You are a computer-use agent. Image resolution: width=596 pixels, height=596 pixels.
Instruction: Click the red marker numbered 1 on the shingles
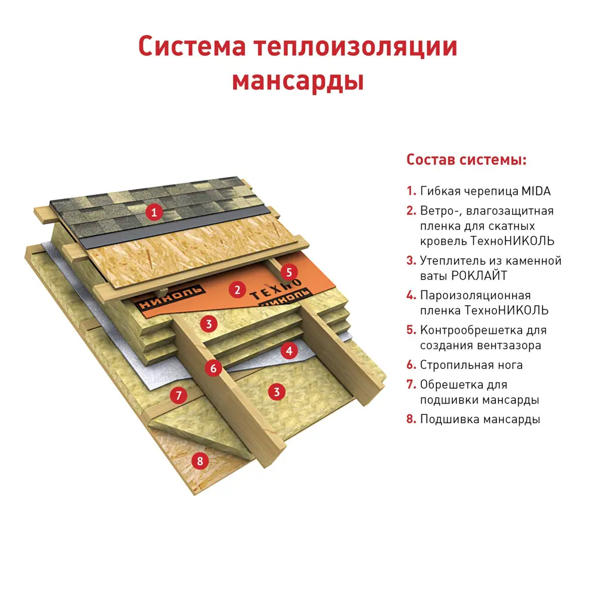click(154, 212)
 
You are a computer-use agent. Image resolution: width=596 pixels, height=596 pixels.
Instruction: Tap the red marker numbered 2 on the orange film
click(237, 290)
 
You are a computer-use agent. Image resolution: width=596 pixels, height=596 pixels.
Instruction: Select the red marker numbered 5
click(289, 272)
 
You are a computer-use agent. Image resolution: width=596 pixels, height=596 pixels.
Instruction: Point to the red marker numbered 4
click(289, 350)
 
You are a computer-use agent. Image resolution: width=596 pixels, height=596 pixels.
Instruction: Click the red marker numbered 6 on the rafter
click(213, 368)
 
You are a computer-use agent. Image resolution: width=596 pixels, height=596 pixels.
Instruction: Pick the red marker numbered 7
click(178, 395)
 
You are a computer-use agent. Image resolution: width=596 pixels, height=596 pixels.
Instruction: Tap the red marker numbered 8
click(200, 460)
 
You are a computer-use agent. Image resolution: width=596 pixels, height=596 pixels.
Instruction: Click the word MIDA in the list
click(536, 191)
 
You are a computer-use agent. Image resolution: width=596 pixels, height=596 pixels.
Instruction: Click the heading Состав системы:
click(466, 160)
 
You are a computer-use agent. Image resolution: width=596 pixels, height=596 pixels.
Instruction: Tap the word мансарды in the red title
click(297, 81)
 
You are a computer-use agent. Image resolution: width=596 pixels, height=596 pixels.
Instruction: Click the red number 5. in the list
click(411, 330)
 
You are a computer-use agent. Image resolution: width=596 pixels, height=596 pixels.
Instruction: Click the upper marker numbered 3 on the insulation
click(207, 324)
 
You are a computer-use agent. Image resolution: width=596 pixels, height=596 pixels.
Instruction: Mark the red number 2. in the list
click(411, 211)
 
